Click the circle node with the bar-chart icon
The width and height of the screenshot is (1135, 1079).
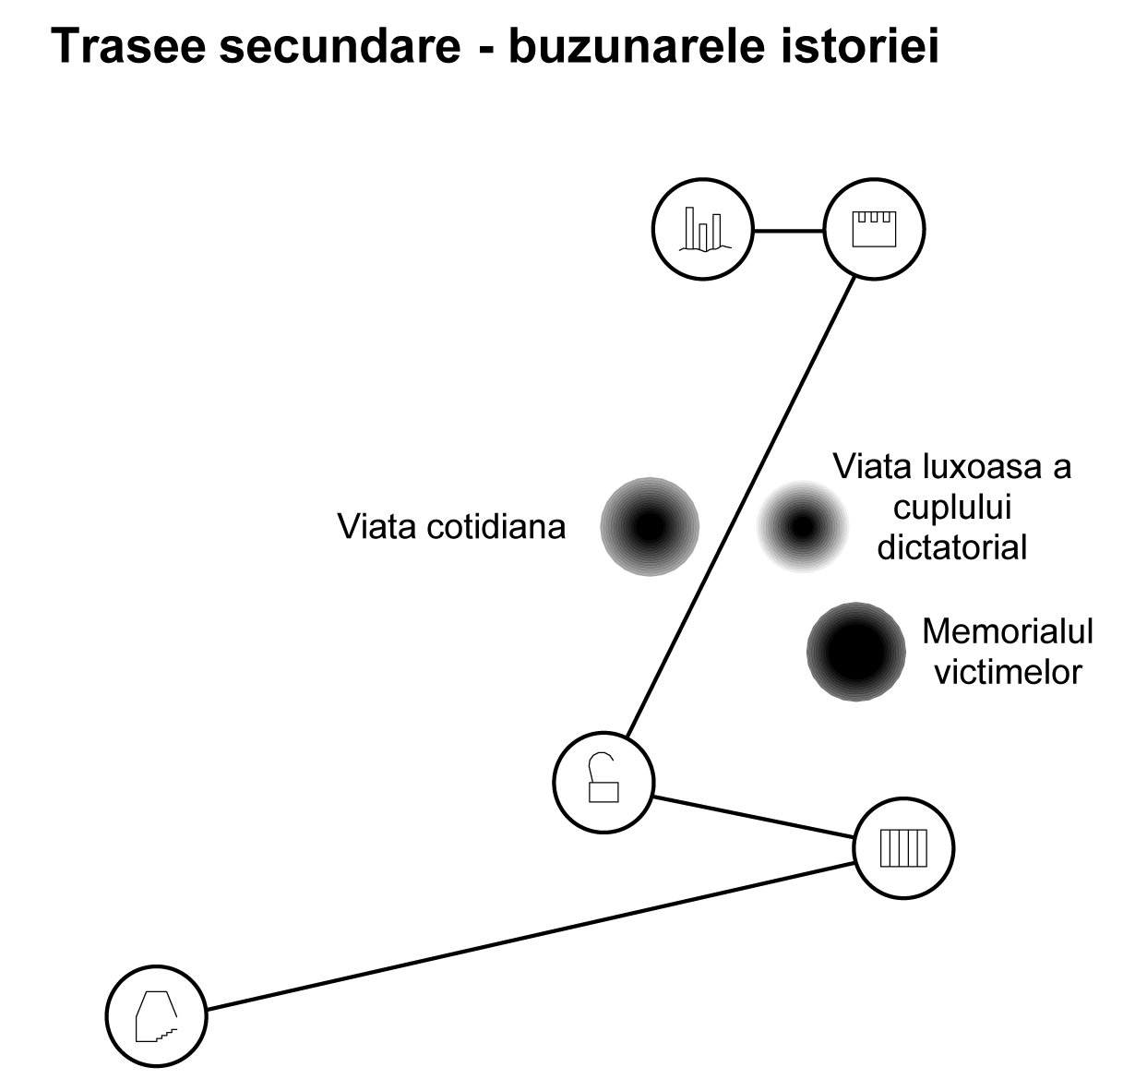703,230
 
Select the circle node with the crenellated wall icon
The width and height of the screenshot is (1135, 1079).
873,230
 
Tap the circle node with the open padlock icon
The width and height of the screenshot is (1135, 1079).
603,781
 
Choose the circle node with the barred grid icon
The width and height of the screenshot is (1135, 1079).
903,847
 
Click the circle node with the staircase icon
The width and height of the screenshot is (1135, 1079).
156,1015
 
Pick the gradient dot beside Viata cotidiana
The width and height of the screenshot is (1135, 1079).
650,527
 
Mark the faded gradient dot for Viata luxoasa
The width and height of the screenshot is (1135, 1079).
802,527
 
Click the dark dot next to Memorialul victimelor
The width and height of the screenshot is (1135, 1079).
855,652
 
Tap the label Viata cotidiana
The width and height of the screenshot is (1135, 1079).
451,527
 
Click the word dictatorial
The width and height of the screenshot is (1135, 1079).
951,548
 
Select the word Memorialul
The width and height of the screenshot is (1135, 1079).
1007,632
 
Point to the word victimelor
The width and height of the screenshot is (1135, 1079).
1007,672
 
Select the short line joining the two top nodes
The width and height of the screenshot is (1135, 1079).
788,230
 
